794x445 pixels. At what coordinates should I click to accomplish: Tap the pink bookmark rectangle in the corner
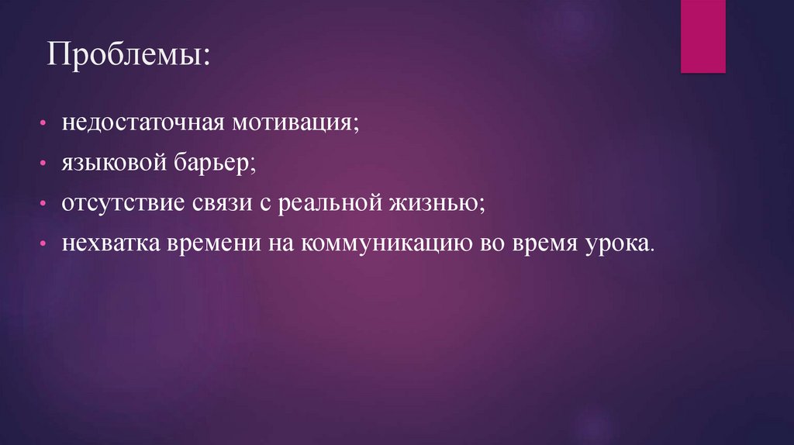point(703,36)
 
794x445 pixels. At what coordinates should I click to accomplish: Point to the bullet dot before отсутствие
point(47,205)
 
